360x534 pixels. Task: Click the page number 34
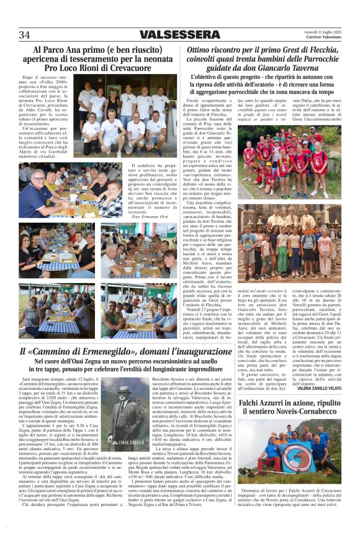(24, 35)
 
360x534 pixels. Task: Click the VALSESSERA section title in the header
(179, 35)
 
